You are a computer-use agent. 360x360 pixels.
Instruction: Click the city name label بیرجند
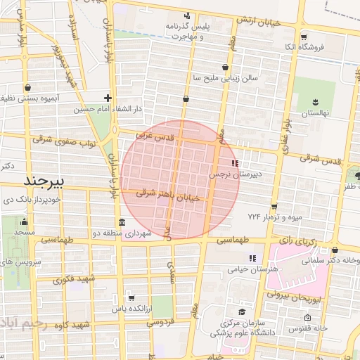tap(44, 181)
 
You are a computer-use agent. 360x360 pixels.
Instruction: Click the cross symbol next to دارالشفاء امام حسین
tap(107, 98)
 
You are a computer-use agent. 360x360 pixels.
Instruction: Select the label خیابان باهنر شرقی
tap(168, 195)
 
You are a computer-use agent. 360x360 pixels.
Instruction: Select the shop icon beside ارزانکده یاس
tap(131, 298)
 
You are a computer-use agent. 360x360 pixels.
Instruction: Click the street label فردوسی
tap(161, 323)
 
